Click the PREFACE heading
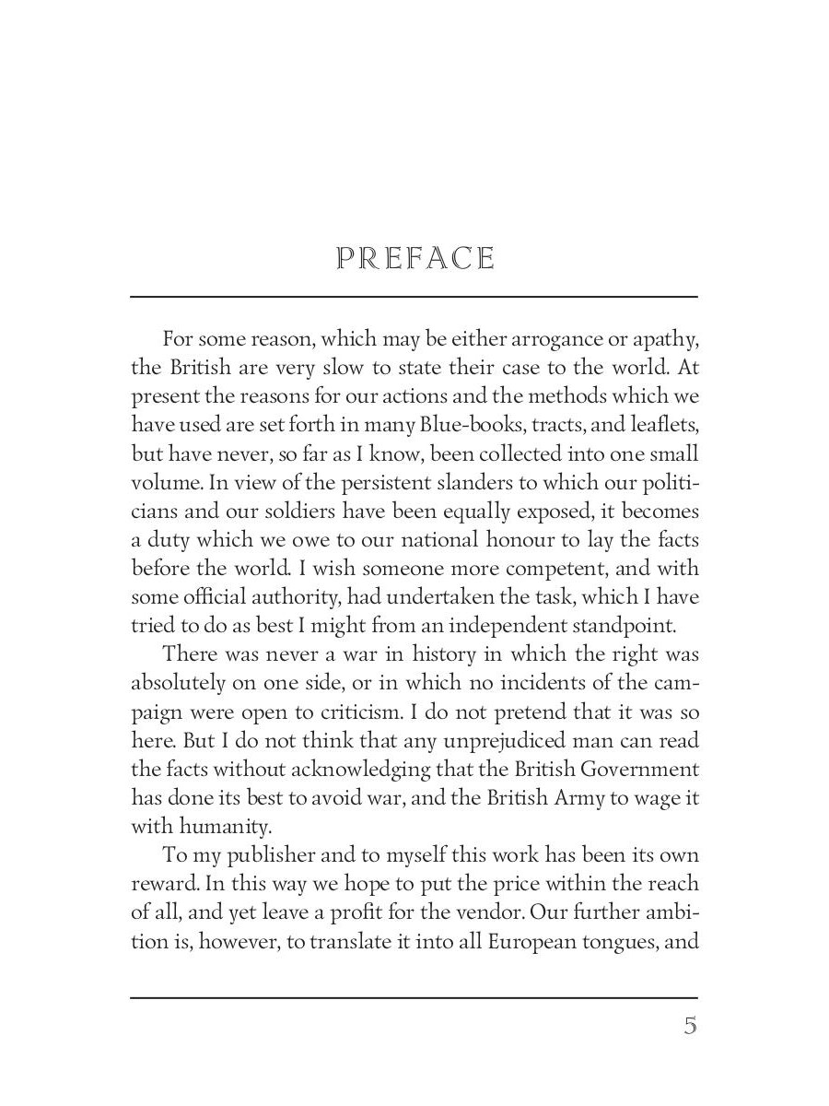click(x=415, y=259)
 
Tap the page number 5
click(x=690, y=1027)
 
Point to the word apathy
click(x=662, y=339)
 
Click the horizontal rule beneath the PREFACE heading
click(x=414, y=297)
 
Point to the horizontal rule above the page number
click(x=414, y=997)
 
